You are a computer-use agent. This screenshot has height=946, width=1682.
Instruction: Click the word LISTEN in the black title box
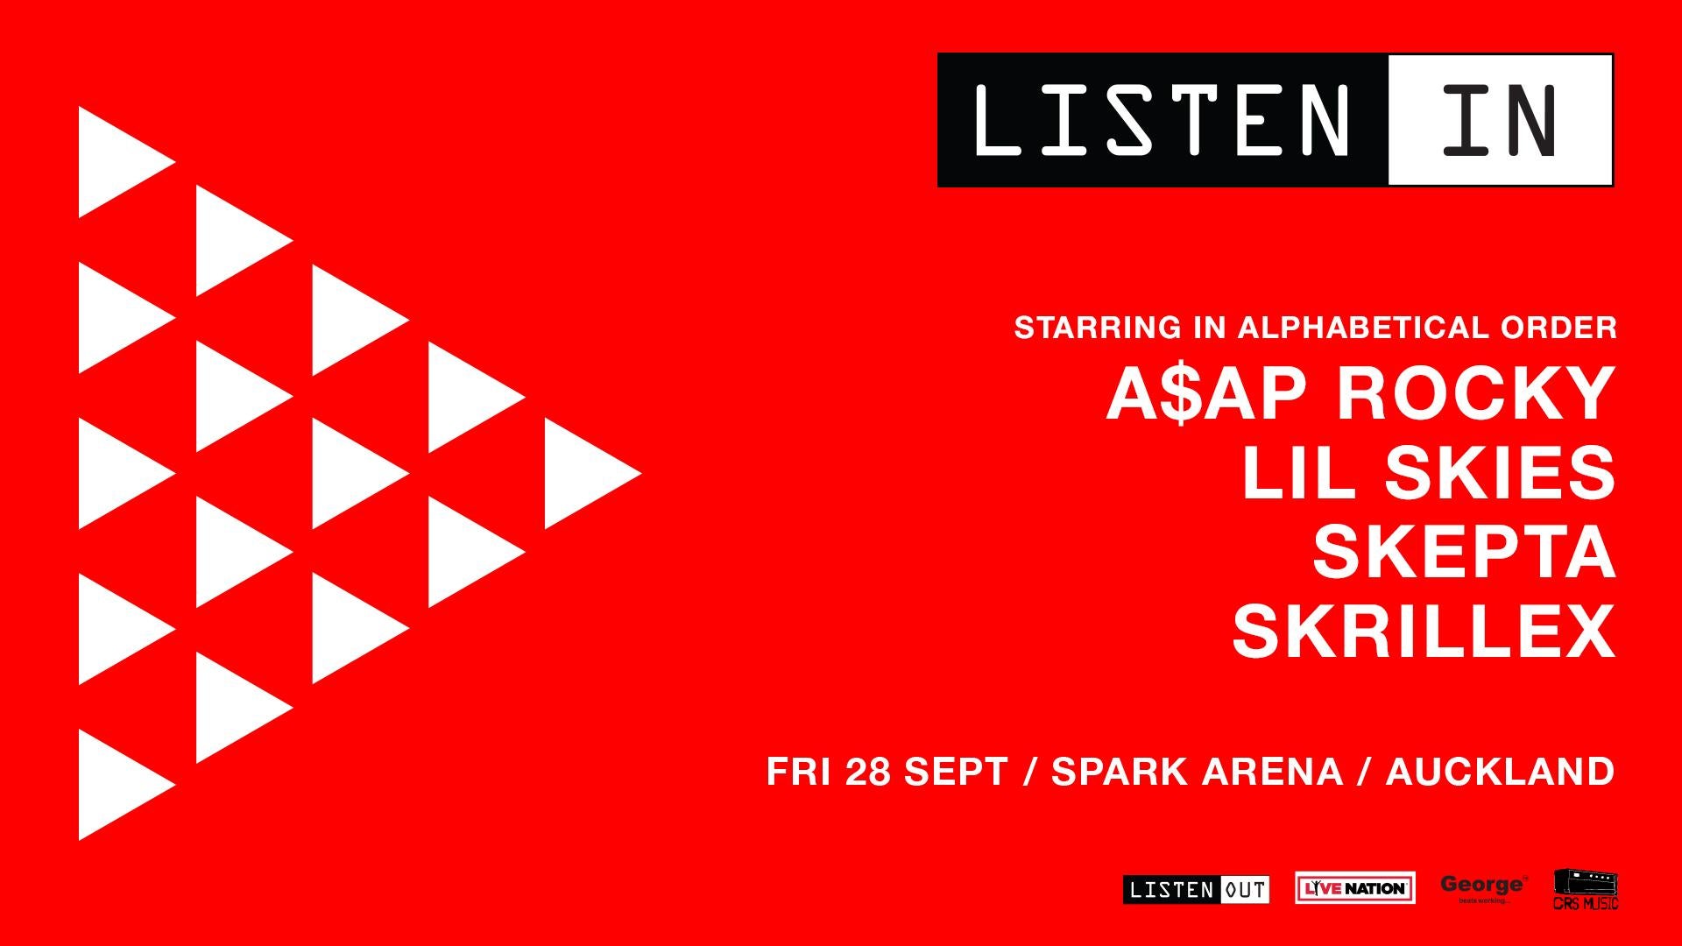[x=1162, y=121]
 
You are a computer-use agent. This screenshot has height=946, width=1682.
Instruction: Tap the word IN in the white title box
[x=1500, y=121]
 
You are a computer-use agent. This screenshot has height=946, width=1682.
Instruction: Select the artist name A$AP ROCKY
[x=1360, y=394]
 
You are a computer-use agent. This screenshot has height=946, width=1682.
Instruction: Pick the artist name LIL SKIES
[x=1428, y=473]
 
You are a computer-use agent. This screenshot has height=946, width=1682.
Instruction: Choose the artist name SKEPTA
[x=1463, y=552]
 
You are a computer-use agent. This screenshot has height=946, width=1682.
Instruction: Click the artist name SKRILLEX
[x=1424, y=631]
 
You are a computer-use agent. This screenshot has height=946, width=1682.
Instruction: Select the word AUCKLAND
[x=1500, y=772]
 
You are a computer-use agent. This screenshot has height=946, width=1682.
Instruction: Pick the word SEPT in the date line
[x=956, y=772]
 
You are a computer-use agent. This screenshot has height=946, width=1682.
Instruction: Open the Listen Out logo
[x=1196, y=890]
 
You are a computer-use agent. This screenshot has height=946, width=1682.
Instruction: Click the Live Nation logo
[x=1355, y=888]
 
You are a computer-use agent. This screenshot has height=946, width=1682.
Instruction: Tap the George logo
[x=1483, y=888]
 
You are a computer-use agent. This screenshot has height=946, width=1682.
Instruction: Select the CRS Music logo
[x=1586, y=889]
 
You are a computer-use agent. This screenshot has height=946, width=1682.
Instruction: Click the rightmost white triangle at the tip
[x=583, y=473]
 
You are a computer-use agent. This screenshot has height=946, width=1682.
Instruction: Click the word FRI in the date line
[x=797, y=772]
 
